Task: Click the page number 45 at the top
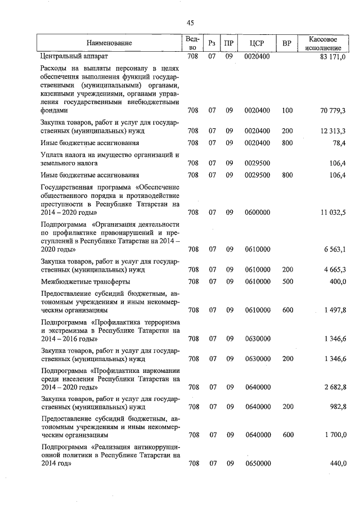pyautogui.click(x=190, y=22)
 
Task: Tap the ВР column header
pyautogui.click(x=287, y=43)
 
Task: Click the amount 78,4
pyautogui.click(x=339, y=143)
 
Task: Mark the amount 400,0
pyautogui.click(x=337, y=281)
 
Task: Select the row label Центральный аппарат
pyautogui.click(x=74, y=57)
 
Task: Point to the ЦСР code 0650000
pyautogui.click(x=258, y=464)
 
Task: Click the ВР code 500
pyautogui.click(x=287, y=281)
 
